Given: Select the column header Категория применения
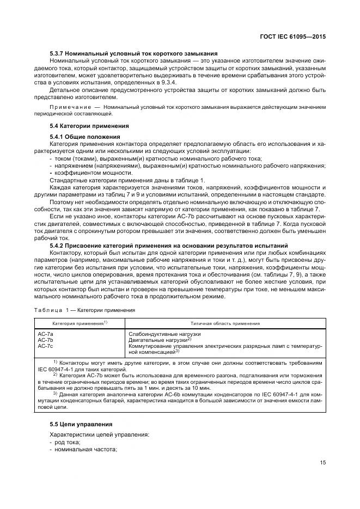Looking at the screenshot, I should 80,323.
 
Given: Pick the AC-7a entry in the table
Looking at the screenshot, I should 45,333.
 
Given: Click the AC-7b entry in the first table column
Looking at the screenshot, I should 45,339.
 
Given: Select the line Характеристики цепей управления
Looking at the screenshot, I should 96,435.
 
